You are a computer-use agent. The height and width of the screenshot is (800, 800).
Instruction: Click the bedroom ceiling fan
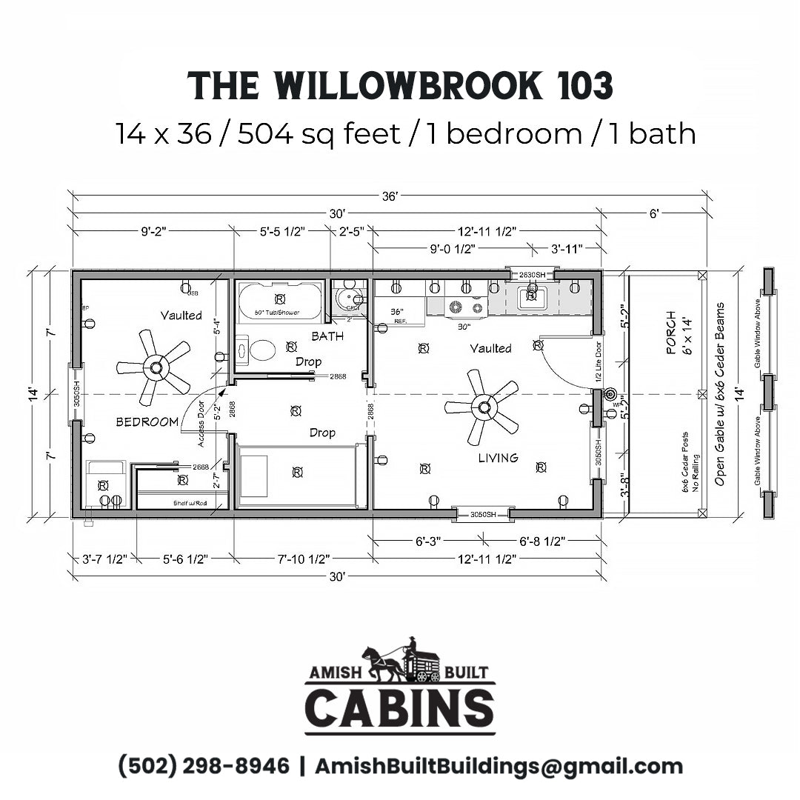[155, 367]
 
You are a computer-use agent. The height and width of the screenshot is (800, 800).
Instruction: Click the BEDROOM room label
[147, 421]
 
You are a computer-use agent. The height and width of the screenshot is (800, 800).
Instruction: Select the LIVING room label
[498, 458]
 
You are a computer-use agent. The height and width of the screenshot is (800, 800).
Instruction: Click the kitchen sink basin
[530, 298]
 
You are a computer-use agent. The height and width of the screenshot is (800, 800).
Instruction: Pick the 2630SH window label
[531, 275]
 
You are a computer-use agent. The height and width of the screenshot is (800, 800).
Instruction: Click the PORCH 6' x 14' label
[676, 336]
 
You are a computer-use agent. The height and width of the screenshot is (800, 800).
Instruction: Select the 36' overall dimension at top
[390, 196]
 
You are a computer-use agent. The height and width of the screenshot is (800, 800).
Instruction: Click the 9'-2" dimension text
[153, 230]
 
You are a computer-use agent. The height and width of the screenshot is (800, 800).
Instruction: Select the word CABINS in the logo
[399, 708]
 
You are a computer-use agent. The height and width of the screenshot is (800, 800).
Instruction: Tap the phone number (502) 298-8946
[204, 766]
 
